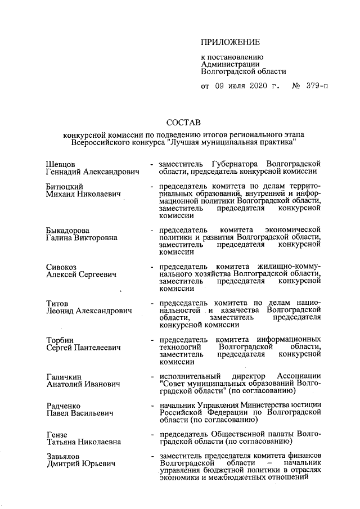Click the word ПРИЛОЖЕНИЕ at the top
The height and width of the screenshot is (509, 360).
pyautogui.click(x=231, y=42)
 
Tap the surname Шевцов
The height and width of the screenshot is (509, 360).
pyautogui.click(x=60, y=164)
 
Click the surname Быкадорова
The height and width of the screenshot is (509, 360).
pyautogui.click(x=67, y=230)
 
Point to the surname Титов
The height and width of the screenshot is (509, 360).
pyautogui.click(x=57, y=303)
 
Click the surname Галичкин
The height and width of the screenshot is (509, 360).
pyautogui.click(x=63, y=376)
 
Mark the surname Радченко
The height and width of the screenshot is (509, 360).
pyautogui.click(x=63, y=406)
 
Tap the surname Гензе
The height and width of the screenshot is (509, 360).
pyautogui.click(x=56, y=435)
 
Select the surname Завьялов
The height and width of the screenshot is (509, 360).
pyautogui.click(x=63, y=456)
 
